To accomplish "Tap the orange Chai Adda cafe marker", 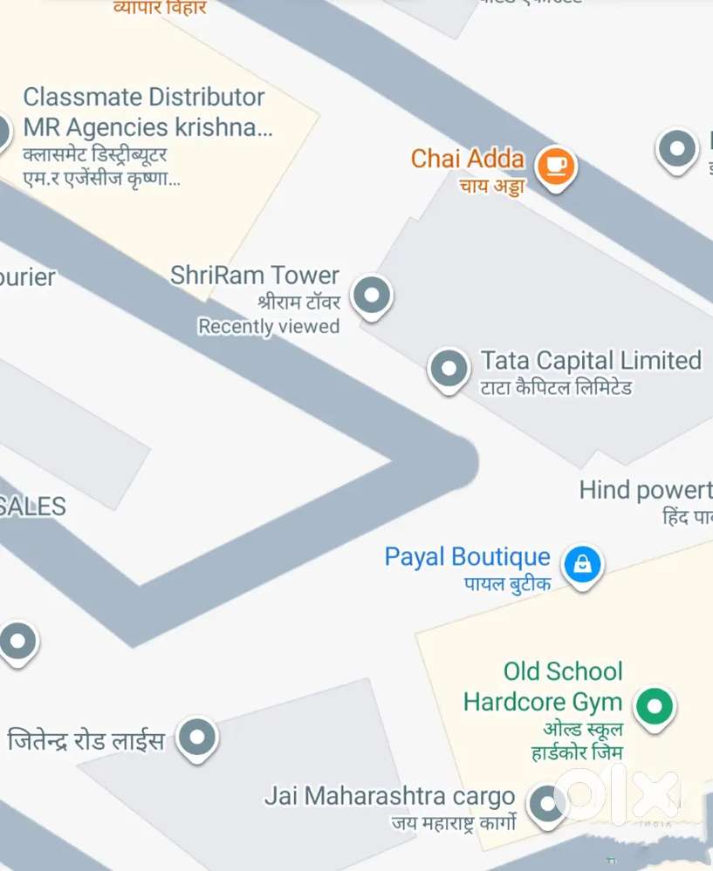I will pyautogui.click(x=555, y=165).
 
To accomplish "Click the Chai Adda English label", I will pyautogui.click(x=467, y=159).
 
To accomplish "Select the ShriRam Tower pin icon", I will pyautogui.click(x=372, y=296).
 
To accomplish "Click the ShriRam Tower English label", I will pyautogui.click(x=255, y=276).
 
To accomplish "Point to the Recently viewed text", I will pyautogui.click(x=269, y=326).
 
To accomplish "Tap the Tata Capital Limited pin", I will pyautogui.click(x=449, y=368).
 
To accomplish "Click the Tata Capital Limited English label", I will pyautogui.click(x=591, y=360).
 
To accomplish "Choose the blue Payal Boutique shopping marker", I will pyautogui.click(x=582, y=564).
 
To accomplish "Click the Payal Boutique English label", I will pyautogui.click(x=467, y=557).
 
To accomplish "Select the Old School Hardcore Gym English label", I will pyautogui.click(x=543, y=686).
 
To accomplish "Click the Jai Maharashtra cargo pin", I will pyautogui.click(x=547, y=803).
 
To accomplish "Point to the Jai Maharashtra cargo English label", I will pyautogui.click(x=389, y=796).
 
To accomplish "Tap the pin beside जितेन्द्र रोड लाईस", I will pyautogui.click(x=197, y=738).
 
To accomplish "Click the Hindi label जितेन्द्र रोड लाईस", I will pyautogui.click(x=86, y=741).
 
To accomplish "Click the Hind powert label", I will pyautogui.click(x=645, y=490).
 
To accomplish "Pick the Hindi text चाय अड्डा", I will pyautogui.click(x=493, y=185).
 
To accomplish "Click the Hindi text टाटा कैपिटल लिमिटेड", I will pyautogui.click(x=556, y=387).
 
